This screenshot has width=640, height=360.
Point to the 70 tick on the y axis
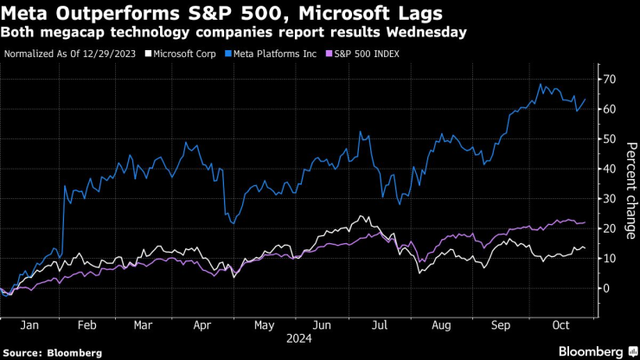click(x=609, y=80)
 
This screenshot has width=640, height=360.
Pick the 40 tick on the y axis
click(x=609, y=169)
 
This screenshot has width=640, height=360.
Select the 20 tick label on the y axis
click(x=609, y=228)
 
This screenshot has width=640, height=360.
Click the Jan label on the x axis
click(x=29, y=327)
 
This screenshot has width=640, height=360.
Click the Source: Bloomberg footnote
click(x=53, y=353)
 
